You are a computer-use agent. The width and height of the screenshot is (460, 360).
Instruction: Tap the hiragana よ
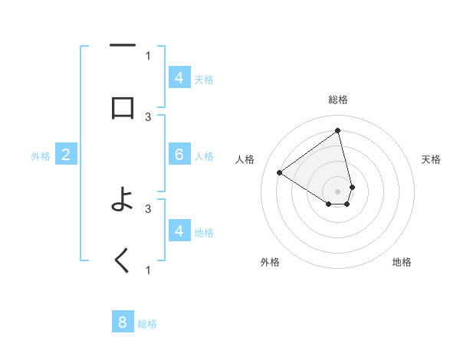(123, 202)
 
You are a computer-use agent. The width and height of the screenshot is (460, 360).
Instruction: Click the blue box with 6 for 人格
(179, 155)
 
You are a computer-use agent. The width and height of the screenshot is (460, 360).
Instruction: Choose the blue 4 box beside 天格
(179, 78)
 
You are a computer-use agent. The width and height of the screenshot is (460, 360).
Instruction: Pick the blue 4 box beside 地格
(179, 231)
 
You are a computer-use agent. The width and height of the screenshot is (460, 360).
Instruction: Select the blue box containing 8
(123, 322)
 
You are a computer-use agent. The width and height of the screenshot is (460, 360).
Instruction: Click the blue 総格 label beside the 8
(147, 324)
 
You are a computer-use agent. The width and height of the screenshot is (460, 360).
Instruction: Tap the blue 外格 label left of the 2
(41, 156)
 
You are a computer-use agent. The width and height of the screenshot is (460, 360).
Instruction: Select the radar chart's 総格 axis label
(338, 100)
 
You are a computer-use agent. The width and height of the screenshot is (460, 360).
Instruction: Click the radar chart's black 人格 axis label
(245, 159)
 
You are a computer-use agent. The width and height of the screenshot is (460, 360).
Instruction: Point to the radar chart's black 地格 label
(402, 262)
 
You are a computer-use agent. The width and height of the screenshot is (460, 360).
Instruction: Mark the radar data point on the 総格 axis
(338, 129)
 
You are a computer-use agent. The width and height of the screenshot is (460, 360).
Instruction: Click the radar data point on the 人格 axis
(280, 172)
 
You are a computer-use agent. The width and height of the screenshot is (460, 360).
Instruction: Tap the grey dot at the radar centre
(338, 191)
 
